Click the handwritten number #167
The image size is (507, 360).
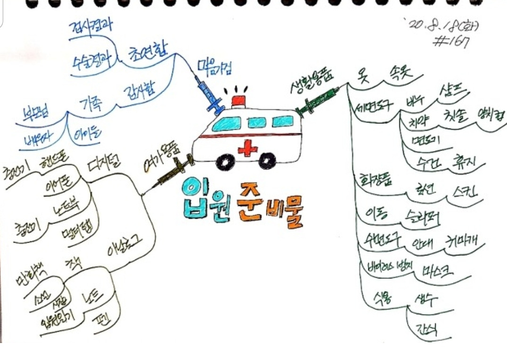point(451,42)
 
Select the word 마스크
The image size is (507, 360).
point(435,270)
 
